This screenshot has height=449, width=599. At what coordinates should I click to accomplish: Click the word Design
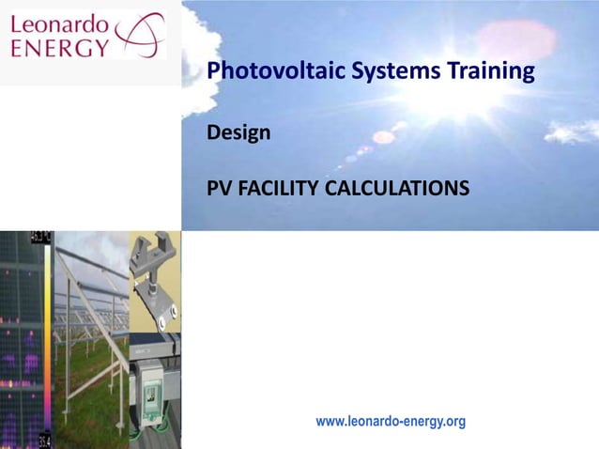click(238, 132)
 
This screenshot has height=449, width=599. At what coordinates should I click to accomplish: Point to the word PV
click(220, 193)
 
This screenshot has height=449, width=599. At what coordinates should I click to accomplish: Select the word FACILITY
click(278, 193)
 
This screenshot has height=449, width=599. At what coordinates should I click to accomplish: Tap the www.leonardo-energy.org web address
click(391, 422)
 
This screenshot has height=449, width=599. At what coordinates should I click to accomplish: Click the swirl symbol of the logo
click(139, 36)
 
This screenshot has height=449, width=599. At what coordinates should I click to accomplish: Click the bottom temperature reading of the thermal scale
click(42, 441)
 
